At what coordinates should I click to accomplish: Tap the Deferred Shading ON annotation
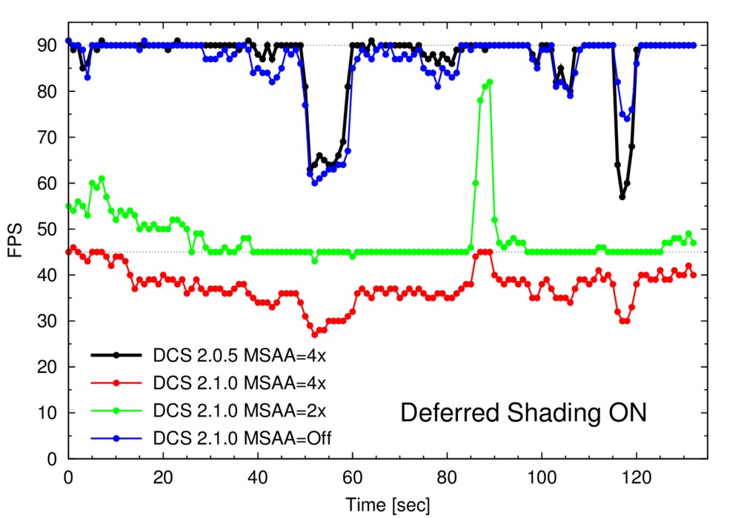[x=523, y=412]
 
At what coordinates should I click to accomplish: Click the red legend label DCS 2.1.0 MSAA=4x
[x=240, y=383]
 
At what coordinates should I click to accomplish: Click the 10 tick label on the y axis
[x=48, y=412]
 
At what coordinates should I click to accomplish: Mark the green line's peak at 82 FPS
[x=490, y=82]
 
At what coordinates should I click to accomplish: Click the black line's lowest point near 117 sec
[x=622, y=197]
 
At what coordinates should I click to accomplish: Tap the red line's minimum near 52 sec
[x=314, y=334]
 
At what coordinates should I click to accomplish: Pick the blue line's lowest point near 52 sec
[x=314, y=183]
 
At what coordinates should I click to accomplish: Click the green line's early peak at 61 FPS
[x=102, y=178]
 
